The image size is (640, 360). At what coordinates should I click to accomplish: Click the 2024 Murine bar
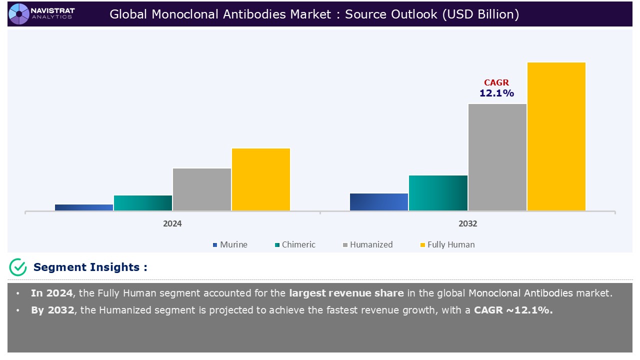point(84,207)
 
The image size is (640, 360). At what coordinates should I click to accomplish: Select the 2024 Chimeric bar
point(143,203)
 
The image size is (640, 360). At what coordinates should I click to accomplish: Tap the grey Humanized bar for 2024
point(202,189)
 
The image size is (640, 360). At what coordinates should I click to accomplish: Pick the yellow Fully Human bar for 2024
point(261,179)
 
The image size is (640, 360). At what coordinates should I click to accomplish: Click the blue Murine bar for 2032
point(379,202)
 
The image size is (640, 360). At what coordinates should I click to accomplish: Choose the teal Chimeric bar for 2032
point(438,193)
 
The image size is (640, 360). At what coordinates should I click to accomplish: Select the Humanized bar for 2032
point(497,157)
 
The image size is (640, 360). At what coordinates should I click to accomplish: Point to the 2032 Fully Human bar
point(556,136)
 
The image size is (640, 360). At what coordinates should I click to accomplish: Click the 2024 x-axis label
point(172,224)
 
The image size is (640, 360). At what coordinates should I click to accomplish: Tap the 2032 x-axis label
point(468,224)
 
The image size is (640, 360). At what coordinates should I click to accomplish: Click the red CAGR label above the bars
point(496,83)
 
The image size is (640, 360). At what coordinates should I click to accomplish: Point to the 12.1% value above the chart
point(496,93)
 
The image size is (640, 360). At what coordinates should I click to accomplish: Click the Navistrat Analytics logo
point(42,13)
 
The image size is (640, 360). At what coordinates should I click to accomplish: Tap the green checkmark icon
point(18,267)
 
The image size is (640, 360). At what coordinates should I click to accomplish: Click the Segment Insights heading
point(90,267)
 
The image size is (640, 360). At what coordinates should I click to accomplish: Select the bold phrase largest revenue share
point(345,293)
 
